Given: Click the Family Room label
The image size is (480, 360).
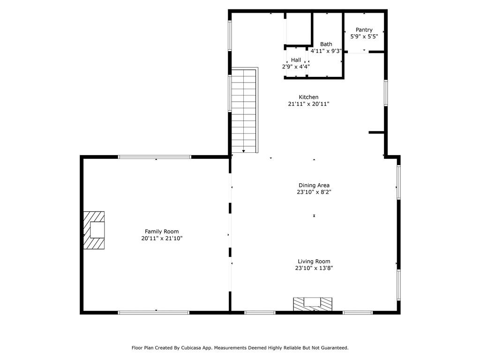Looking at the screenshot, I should [161, 232].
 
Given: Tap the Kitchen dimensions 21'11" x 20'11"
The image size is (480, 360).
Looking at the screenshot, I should [308, 104].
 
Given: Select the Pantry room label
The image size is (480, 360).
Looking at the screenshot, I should [364, 30].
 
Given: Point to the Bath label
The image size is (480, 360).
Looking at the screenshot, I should [326, 45].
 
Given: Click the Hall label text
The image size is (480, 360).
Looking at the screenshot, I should [296, 60].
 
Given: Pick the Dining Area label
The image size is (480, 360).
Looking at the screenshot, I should [314, 185].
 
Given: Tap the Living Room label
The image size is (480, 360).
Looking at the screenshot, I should [314, 262].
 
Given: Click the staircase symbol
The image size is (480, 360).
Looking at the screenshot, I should [244, 110].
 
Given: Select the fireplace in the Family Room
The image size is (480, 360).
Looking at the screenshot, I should [94, 230].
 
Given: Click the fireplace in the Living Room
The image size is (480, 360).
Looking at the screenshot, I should [313, 304].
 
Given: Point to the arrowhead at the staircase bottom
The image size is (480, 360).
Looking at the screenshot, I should [244, 151].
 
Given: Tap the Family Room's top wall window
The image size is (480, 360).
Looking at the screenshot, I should [155, 157].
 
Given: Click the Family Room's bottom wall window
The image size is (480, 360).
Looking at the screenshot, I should [154, 313].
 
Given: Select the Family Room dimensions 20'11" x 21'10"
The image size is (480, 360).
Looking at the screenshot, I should [161, 239].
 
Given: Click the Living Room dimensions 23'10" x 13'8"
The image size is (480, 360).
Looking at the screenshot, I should [314, 269].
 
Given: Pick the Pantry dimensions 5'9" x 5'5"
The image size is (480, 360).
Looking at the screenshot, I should [364, 36].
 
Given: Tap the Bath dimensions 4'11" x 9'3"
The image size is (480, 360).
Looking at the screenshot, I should [326, 51].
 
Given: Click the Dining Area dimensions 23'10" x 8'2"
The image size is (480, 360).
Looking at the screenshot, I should [314, 192].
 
